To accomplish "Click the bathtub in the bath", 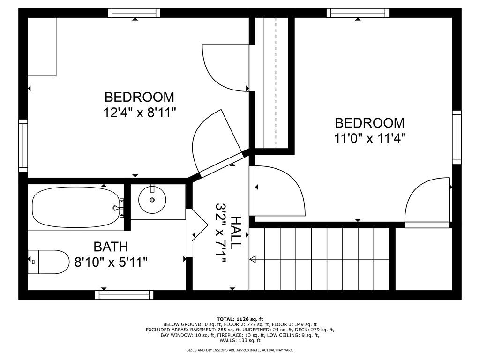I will click(x=75, y=208).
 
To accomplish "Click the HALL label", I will click(x=236, y=232).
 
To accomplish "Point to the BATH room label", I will click(x=111, y=247).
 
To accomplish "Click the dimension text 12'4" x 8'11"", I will click(x=139, y=113).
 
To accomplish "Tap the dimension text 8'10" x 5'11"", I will click(x=112, y=262).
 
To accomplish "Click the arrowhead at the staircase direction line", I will click(x=252, y=259).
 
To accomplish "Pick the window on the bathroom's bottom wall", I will click(x=124, y=295).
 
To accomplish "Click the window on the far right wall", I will click(x=457, y=137).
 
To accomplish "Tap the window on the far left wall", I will click(x=23, y=145).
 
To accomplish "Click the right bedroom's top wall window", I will click(x=358, y=13).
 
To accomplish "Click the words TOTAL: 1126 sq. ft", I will click(x=240, y=319).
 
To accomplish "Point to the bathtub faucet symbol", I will click(x=117, y=207).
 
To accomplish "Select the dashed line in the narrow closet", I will click(x=276, y=82).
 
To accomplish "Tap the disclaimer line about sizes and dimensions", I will click(x=240, y=350).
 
